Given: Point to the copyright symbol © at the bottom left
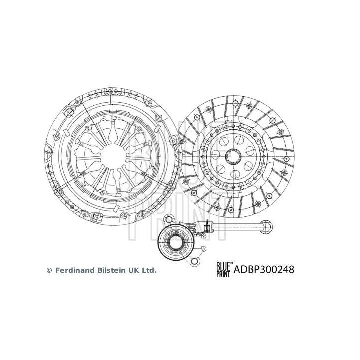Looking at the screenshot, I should pyautogui.click(x=49, y=270).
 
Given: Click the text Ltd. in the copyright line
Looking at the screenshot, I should pyautogui.click(x=148, y=270).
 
